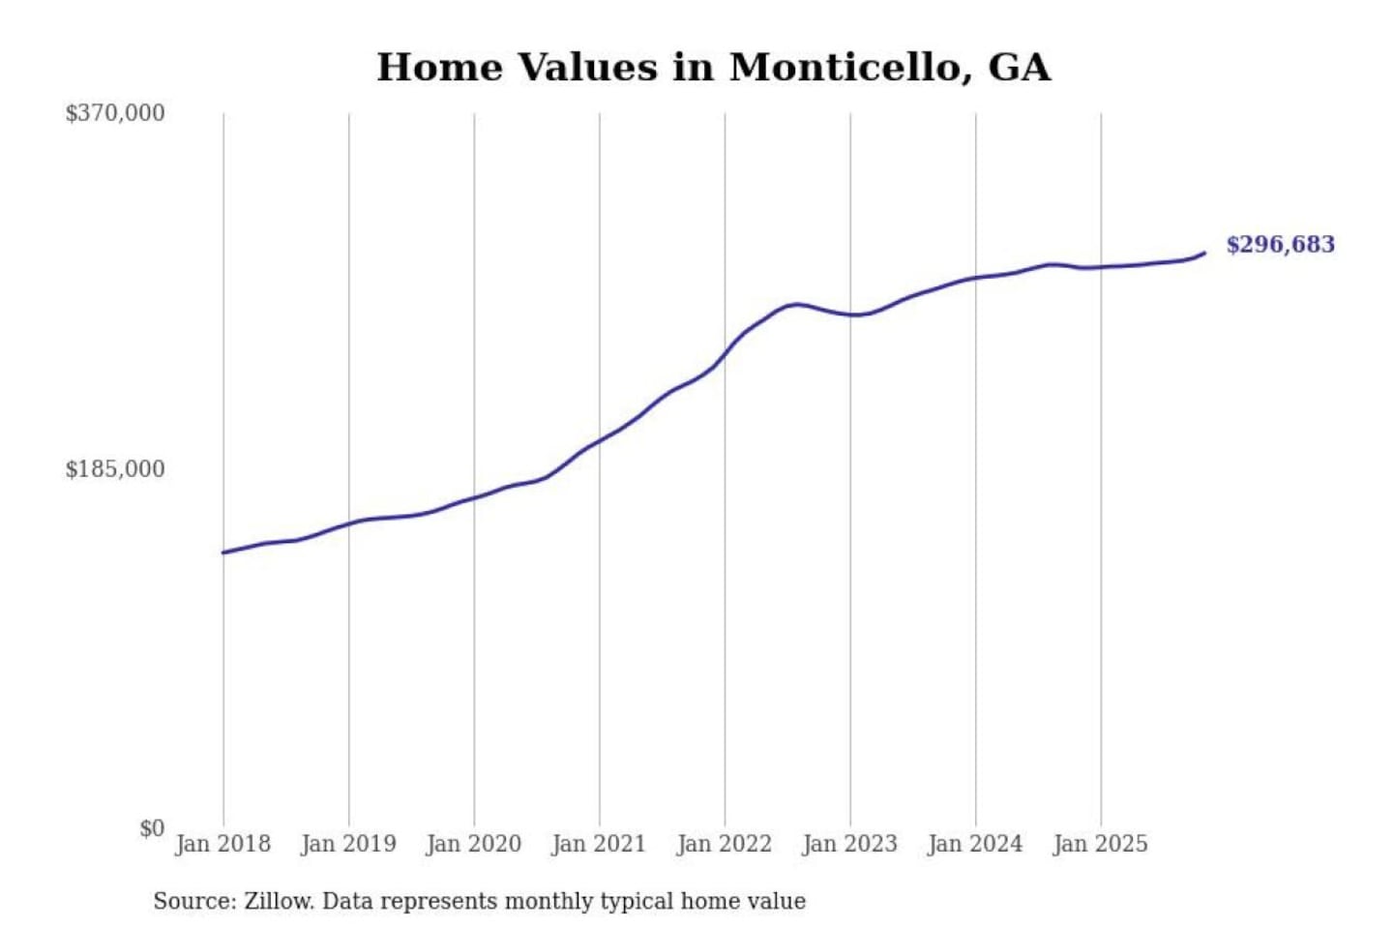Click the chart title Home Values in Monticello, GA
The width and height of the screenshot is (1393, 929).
point(713,68)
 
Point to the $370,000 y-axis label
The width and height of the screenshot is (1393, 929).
point(115,113)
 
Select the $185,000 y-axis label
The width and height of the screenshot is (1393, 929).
point(115,469)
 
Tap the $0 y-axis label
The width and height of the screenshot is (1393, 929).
point(151,828)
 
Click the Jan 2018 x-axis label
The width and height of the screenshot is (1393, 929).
point(222,844)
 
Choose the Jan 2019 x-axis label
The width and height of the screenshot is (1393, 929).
point(348,844)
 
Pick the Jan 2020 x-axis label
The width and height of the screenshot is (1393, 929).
point(473,844)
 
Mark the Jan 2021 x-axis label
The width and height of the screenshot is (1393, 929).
point(599,844)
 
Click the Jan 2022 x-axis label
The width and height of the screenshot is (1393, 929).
point(725,844)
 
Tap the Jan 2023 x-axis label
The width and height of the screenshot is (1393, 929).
point(849,844)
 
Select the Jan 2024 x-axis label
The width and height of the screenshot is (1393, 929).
point(975,844)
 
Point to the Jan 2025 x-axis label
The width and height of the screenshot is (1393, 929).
point(1100,844)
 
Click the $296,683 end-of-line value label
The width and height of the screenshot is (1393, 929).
point(1280,245)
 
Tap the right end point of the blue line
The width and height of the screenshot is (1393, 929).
point(1204,253)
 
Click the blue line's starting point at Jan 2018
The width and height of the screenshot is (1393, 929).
point(223,553)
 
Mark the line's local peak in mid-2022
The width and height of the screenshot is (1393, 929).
point(796,304)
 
